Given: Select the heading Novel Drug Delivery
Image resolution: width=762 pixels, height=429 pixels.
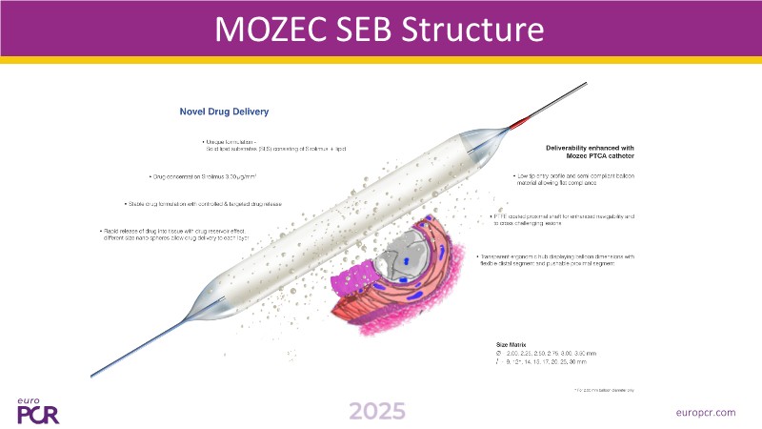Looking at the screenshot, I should (224, 112).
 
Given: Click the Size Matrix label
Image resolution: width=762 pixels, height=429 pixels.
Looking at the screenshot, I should (512, 341).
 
